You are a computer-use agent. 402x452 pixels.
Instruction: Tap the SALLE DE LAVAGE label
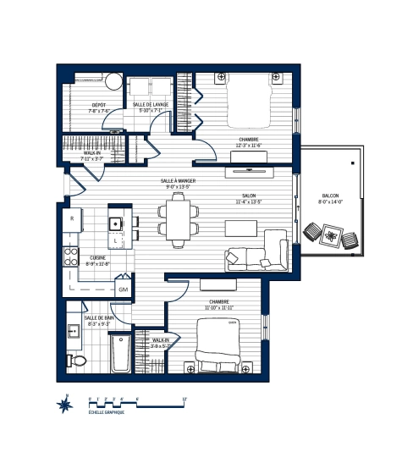151,104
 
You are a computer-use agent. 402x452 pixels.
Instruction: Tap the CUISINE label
98,259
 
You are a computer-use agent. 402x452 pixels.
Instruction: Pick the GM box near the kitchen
123,289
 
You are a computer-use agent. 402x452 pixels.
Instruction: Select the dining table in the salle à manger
179,217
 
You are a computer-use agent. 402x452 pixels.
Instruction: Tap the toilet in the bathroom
77,359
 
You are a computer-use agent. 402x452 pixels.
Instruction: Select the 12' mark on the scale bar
184,398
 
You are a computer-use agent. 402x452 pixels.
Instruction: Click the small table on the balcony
330,236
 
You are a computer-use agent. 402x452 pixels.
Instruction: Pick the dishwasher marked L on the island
116,240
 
